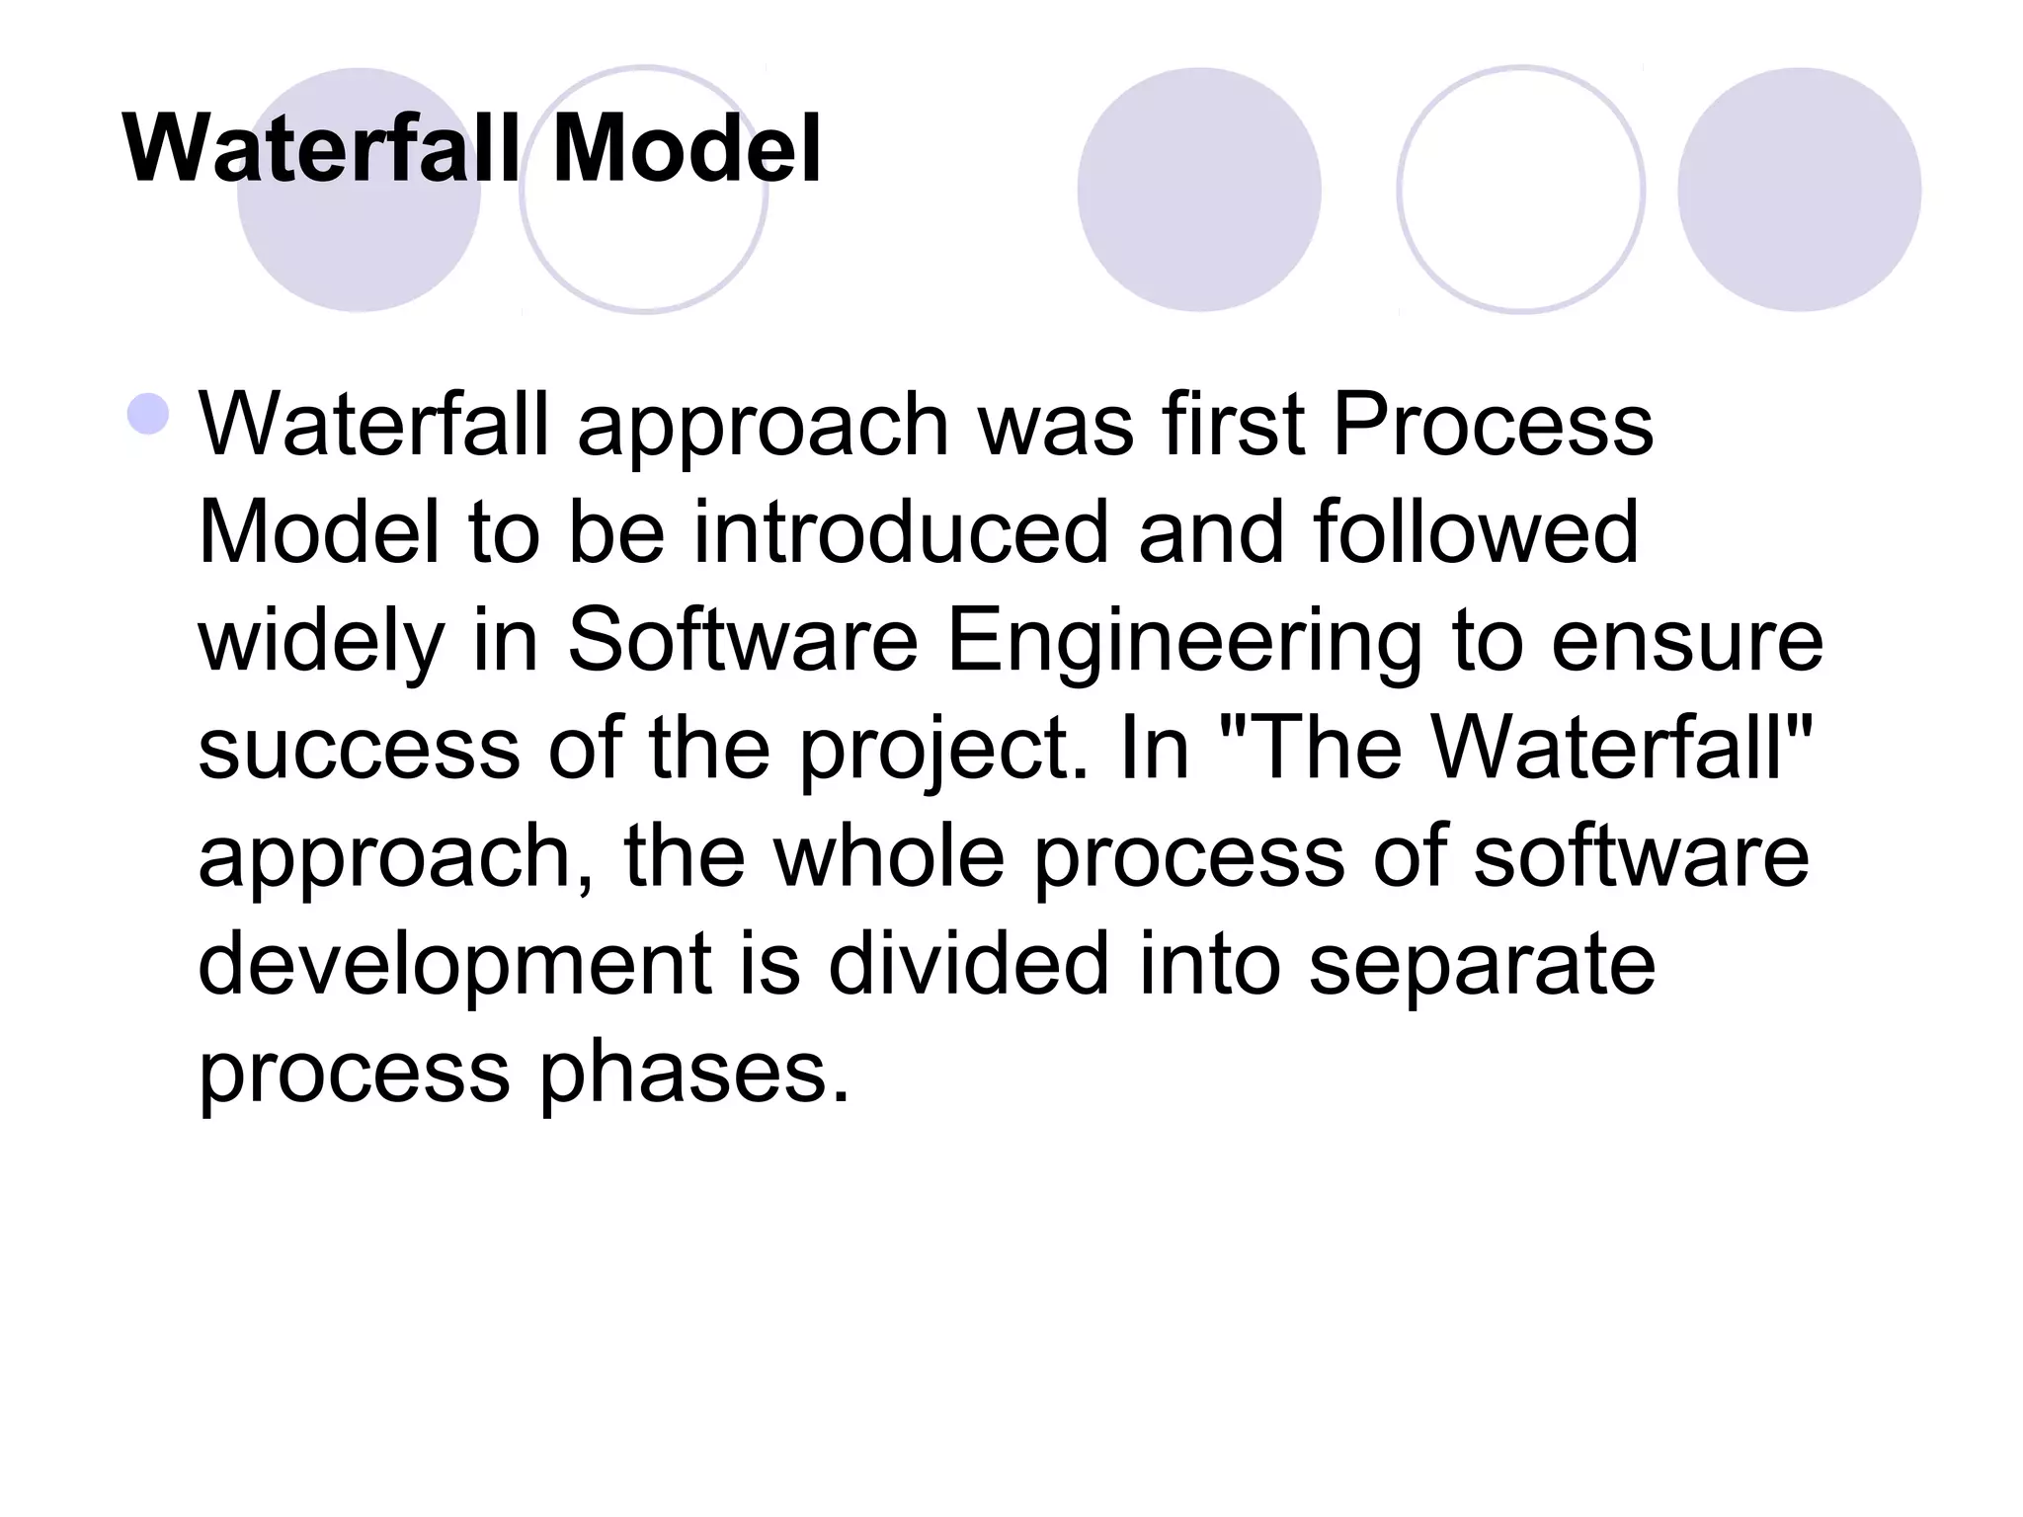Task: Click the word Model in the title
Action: (x=687, y=149)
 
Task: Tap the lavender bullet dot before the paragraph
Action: (x=148, y=414)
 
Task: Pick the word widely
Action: (x=322, y=640)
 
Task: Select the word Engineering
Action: (x=1184, y=640)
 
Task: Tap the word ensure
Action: (x=1686, y=640)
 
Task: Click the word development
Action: (x=454, y=965)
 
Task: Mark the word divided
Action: (x=968, y=963)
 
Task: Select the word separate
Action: (x=1482, y=965)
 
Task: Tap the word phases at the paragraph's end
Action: (x=692, y=1073)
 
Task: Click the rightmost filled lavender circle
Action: (x=1799, y=190)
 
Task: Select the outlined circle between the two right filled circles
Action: (x=1521, y=190)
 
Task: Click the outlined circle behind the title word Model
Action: (x=644, y=247)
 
